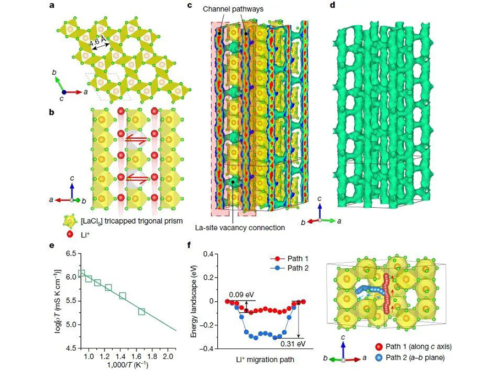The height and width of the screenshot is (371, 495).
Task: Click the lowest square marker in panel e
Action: (x=142, y=312)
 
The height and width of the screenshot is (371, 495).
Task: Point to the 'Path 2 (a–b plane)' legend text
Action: (x=416, y=358)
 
